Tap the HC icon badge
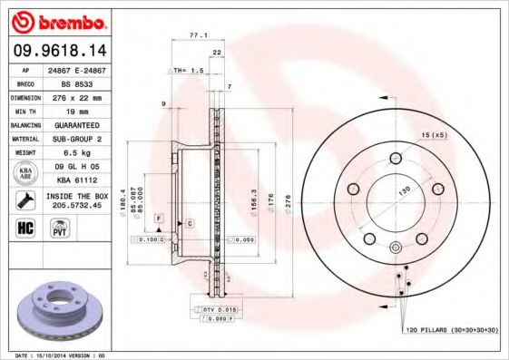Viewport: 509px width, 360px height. tap(24, 228)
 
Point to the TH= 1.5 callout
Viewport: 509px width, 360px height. tap(188, 70)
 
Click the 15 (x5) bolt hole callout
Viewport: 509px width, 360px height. tap(434, 135)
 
